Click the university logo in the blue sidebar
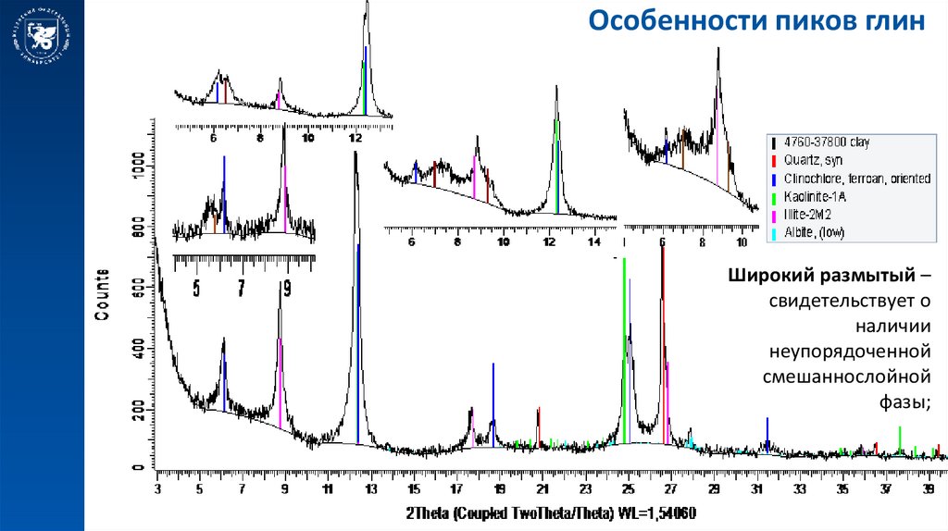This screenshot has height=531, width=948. (43, 40)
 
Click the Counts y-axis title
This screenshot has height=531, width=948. (102, 294)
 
